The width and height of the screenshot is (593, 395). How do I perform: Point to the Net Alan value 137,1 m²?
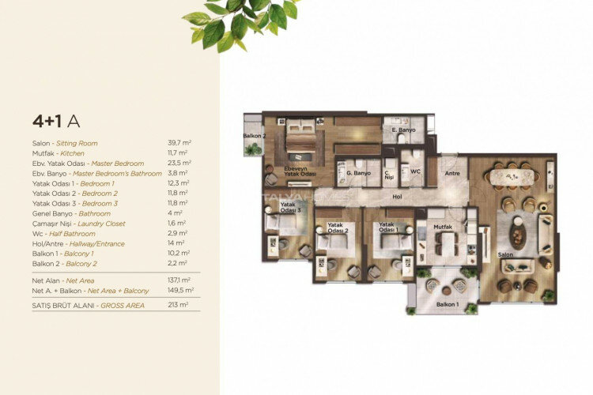point(178,280)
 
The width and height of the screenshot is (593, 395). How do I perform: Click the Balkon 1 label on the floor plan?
point(446,304)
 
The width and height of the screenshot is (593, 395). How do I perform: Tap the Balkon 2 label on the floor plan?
point(253,136)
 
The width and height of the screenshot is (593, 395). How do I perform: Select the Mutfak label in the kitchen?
point(443,226)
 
